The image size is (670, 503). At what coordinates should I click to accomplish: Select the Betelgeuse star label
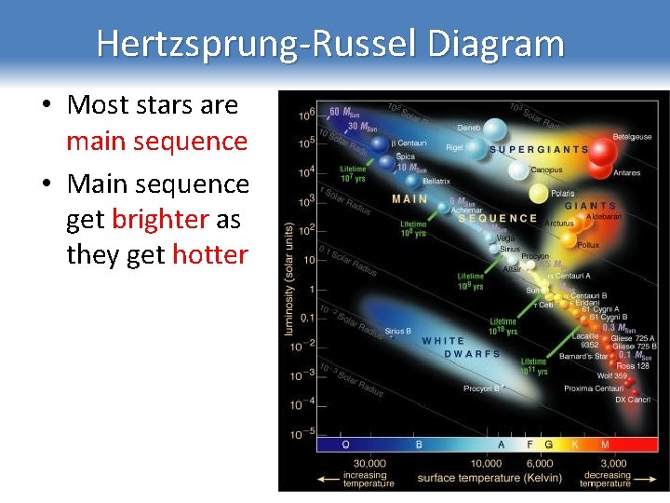coord(632,136)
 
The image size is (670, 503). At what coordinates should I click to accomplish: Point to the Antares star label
coord(626,172)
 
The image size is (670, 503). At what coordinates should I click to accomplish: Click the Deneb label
coord(468,128)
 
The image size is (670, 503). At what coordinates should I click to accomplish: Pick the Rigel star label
coord(455,147)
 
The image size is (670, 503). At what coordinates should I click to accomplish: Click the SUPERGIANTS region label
coord(538,149)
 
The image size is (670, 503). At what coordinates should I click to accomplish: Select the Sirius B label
coord(397,331)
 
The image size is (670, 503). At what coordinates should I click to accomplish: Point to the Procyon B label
coord(482,388)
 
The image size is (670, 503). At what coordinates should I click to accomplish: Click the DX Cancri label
coord(633,400)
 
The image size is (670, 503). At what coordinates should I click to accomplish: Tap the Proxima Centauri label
coord(594,388)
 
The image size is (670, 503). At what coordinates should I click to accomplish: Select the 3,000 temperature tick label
coord(613,464)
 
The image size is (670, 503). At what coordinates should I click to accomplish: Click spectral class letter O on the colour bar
coord(345,444)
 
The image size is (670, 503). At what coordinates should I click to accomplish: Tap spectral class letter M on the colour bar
coord(605,444)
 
